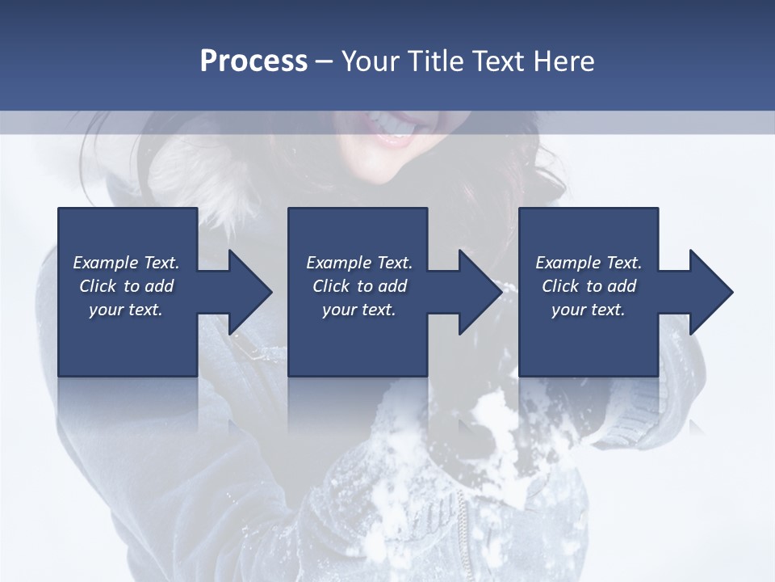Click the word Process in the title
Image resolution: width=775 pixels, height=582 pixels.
[253, 61]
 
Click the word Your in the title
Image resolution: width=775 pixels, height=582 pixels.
[371, 61]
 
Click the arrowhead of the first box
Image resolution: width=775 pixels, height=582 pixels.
[250, 292]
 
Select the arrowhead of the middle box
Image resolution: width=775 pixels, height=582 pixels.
[480, 292]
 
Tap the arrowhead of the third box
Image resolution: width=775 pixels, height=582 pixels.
[711, 292]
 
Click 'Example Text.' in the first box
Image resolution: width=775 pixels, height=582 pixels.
[126, 263]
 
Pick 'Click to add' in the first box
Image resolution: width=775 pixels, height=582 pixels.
[126, 286]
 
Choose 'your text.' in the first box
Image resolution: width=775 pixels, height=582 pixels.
[126, 310]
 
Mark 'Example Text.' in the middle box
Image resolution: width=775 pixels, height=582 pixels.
[359, 263]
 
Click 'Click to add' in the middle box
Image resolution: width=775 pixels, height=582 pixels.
[359, 286]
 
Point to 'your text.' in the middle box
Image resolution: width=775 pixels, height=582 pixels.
[359, 310]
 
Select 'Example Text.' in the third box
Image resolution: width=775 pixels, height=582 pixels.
[589, 263]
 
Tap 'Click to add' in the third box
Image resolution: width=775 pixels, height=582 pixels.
[589, 286]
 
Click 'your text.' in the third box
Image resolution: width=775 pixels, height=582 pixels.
[589, 310]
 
